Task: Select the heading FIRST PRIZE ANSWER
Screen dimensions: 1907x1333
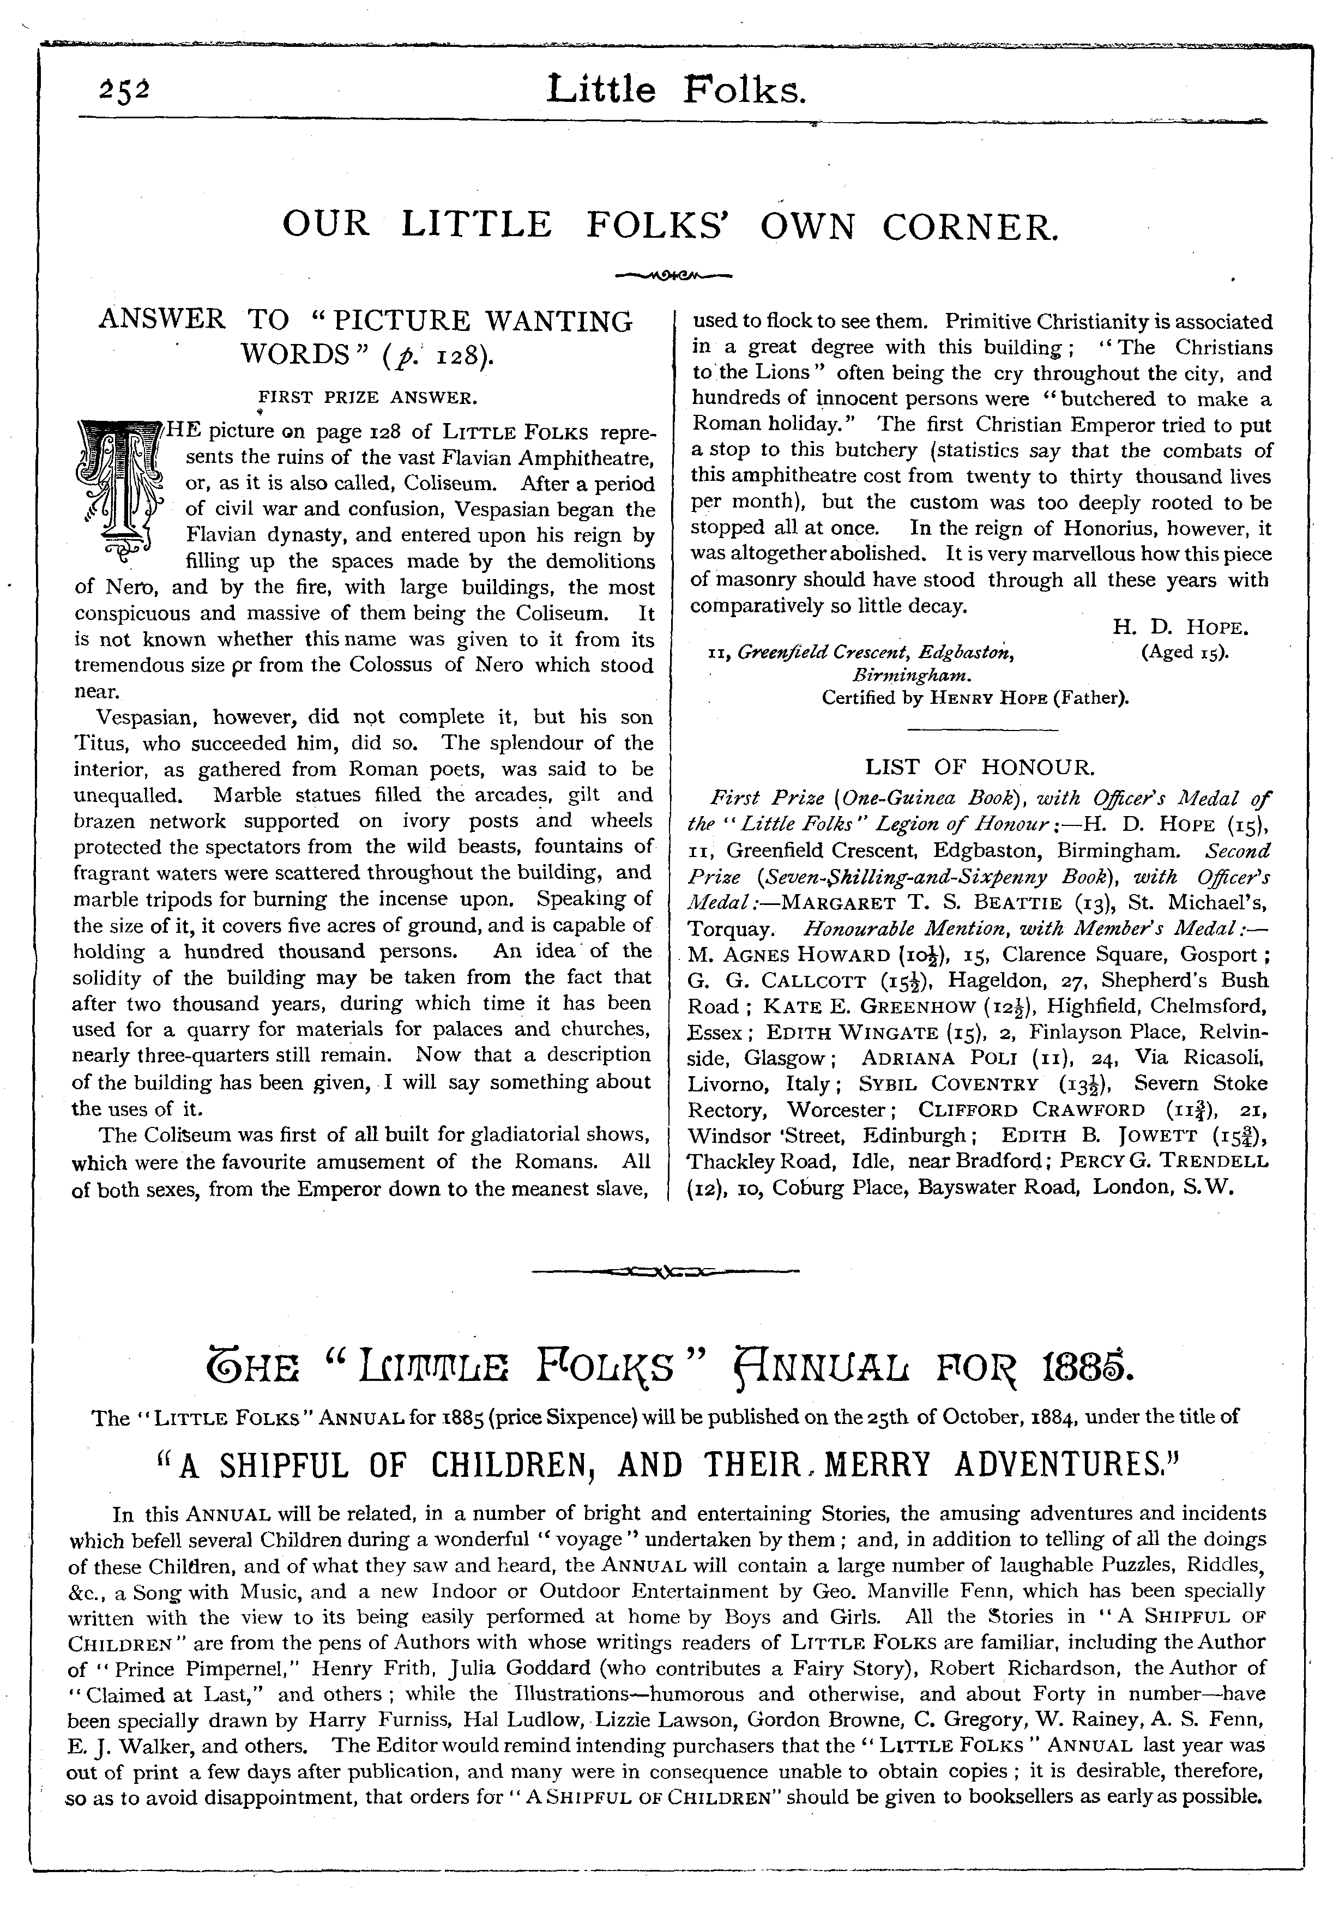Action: (x=368, y=398)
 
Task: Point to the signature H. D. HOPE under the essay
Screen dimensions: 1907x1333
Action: (x=1180, y=628)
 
